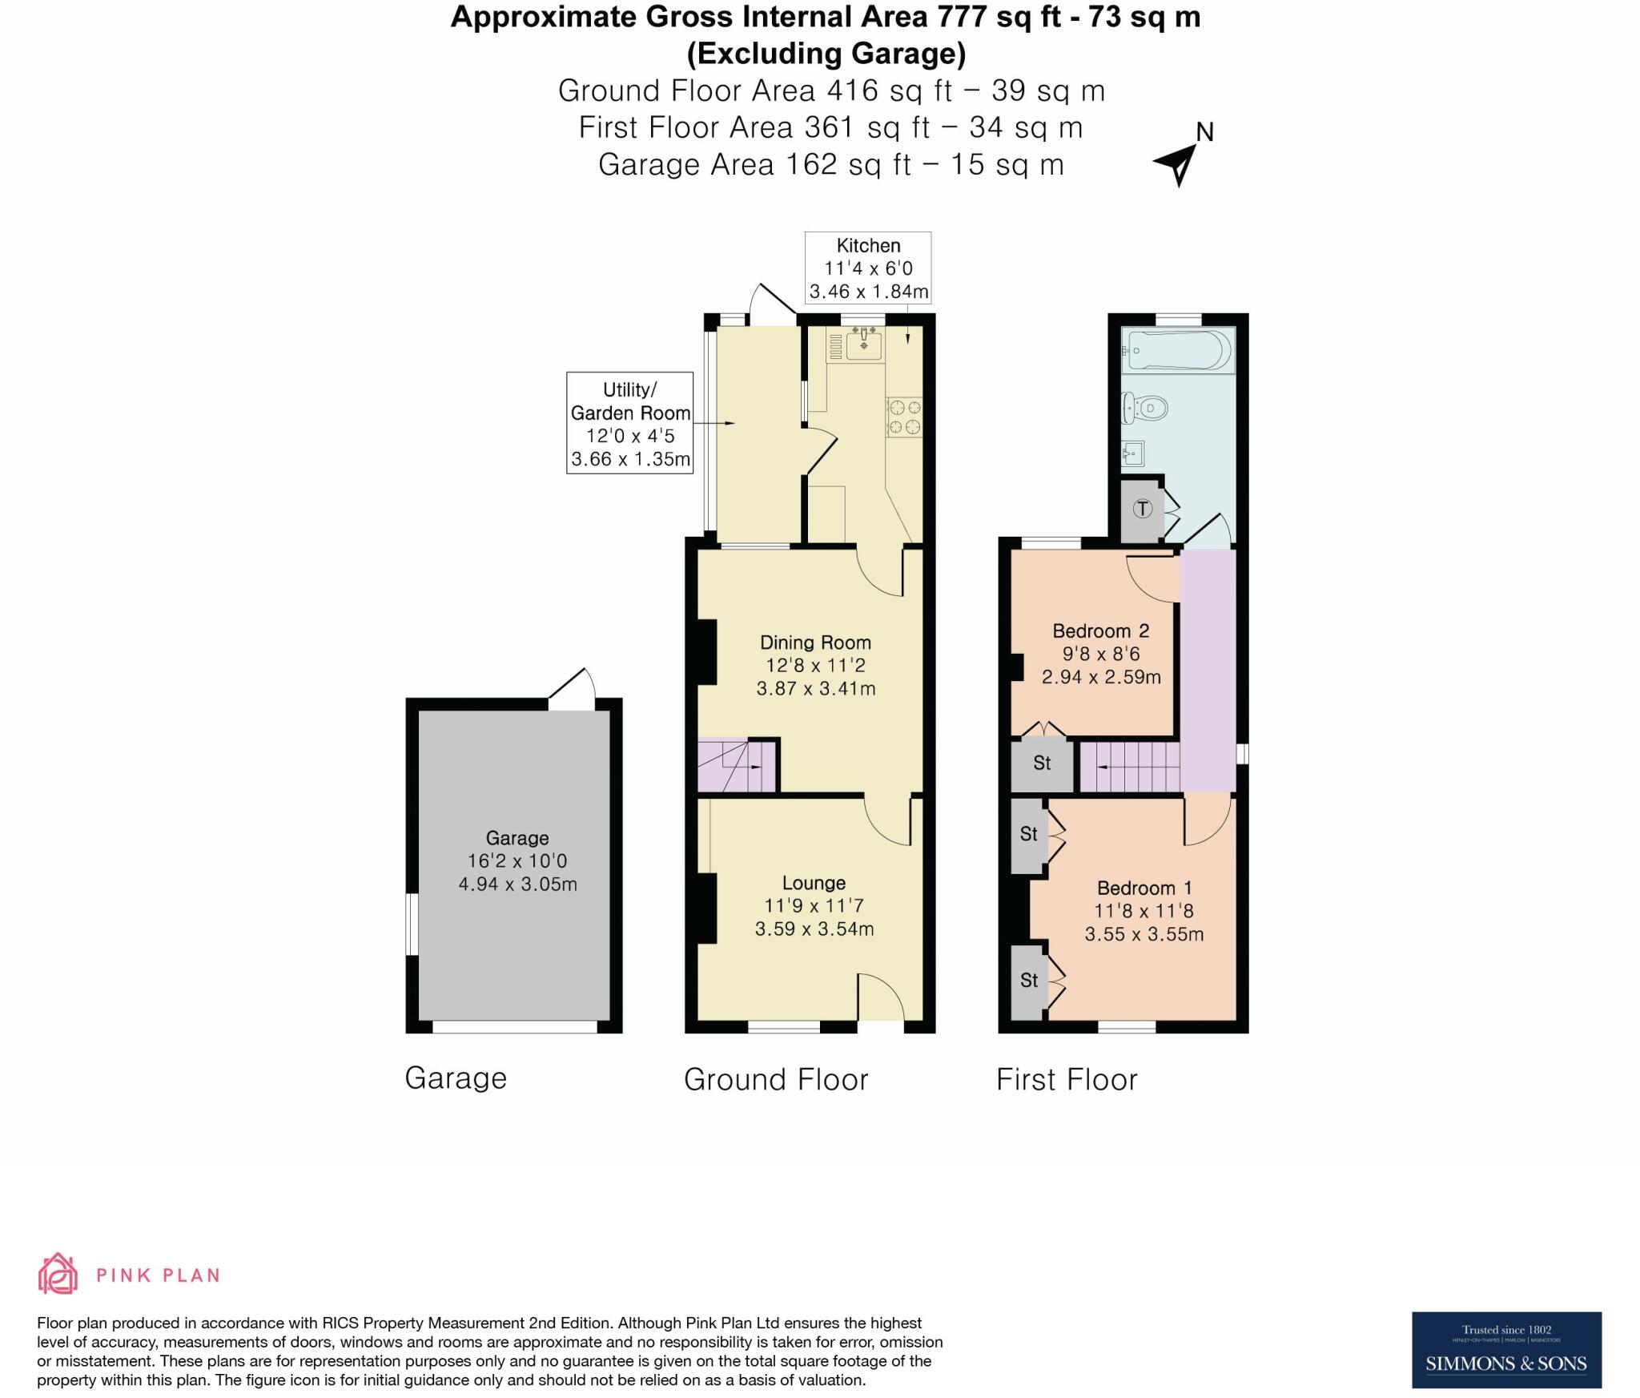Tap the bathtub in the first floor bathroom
[1177, 351]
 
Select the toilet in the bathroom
[1145, 409]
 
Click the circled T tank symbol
[1143, 508]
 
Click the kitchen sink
[863, 345]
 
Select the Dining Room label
[815, 643]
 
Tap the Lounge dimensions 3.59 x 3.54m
[814, 929]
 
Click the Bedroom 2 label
[1100, 631]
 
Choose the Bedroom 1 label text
[1144, 888]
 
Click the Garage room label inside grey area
[517, 838]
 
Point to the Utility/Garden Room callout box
[629, 423]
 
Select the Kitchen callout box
[868, 268]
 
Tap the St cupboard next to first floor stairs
[1041, 763]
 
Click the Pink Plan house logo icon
[58, 1274]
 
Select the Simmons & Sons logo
[1505, 1350]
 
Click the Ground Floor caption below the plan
[775, 1080]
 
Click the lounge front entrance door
[881, 997]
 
